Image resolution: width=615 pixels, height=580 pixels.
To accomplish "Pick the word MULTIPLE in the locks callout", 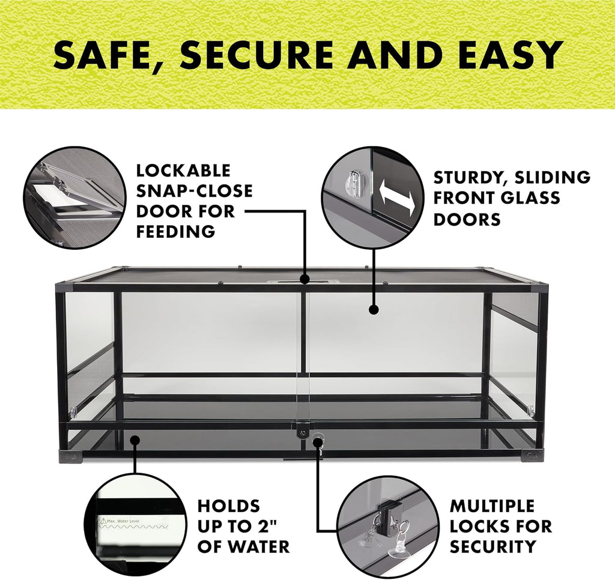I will coord(492,506).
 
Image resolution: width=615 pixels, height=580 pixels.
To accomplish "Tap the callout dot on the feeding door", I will coord(305,280).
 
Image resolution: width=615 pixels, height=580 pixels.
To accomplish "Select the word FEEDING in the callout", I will coord(175,231).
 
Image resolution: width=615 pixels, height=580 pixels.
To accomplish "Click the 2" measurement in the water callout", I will coord(269,527).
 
